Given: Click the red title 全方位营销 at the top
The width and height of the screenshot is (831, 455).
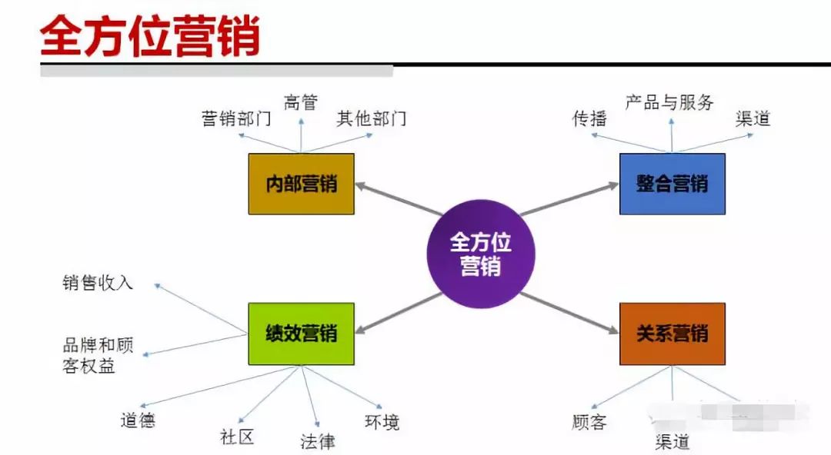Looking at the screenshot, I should [151, 37].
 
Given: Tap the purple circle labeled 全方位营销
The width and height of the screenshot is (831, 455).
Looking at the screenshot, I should [481, 254].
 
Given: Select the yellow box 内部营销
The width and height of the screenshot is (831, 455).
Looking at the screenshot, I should [301, 184].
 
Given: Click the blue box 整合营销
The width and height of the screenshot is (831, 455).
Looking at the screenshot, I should [672, 184].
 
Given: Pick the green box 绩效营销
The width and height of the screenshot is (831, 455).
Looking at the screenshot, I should [301, 334].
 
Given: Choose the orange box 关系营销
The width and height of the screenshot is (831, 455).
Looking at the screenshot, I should [672, 334].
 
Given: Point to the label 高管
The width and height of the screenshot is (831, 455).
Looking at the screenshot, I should [301, 102].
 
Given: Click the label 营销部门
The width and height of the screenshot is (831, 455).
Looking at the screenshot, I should [236, 119].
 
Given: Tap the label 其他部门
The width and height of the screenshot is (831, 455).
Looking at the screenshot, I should [371, 118].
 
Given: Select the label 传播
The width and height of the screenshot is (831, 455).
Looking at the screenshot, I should [590, 118].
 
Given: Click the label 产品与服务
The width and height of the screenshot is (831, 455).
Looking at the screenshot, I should [669, 102].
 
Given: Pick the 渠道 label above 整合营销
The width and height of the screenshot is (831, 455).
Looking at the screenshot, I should [753, 118].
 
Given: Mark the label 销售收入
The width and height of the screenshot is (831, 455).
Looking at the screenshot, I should [98, 283].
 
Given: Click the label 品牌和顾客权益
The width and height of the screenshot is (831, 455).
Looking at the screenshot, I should [98, 356].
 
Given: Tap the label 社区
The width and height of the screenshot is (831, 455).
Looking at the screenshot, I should [236, 437].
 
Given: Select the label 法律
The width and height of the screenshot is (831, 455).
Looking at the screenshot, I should [318, 441].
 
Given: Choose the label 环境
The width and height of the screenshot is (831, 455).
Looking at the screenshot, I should [382, 422].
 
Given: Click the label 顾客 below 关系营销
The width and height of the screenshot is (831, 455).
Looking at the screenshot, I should [590, 422].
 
